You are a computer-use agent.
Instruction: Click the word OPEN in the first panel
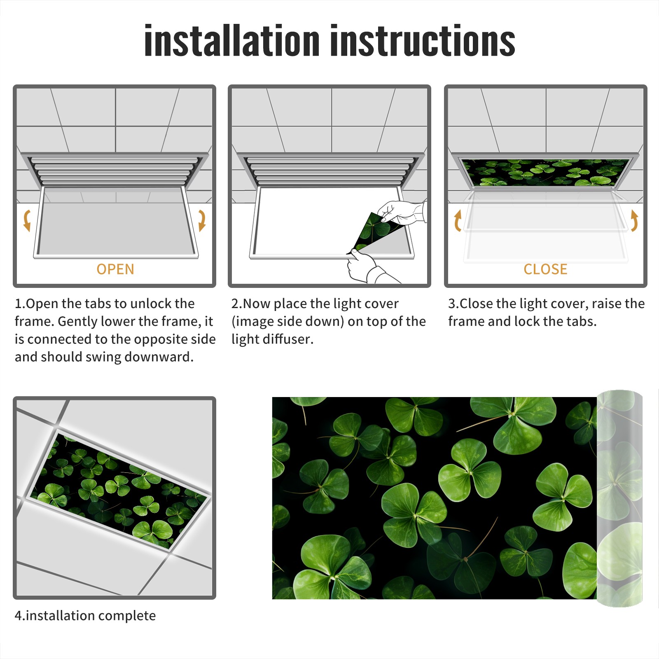coord(115,269)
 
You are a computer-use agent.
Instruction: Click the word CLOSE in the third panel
coord(545,269)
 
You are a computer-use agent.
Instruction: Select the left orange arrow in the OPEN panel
coord(27,220)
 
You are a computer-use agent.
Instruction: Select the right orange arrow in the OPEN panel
coord(202,220)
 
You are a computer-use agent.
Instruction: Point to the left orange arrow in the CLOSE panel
coord(458,220)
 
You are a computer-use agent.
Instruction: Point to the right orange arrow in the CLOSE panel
coord(634,220)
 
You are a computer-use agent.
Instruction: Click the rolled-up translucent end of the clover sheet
coord(619,498)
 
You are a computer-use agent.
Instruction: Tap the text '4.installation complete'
coord(85,616)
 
